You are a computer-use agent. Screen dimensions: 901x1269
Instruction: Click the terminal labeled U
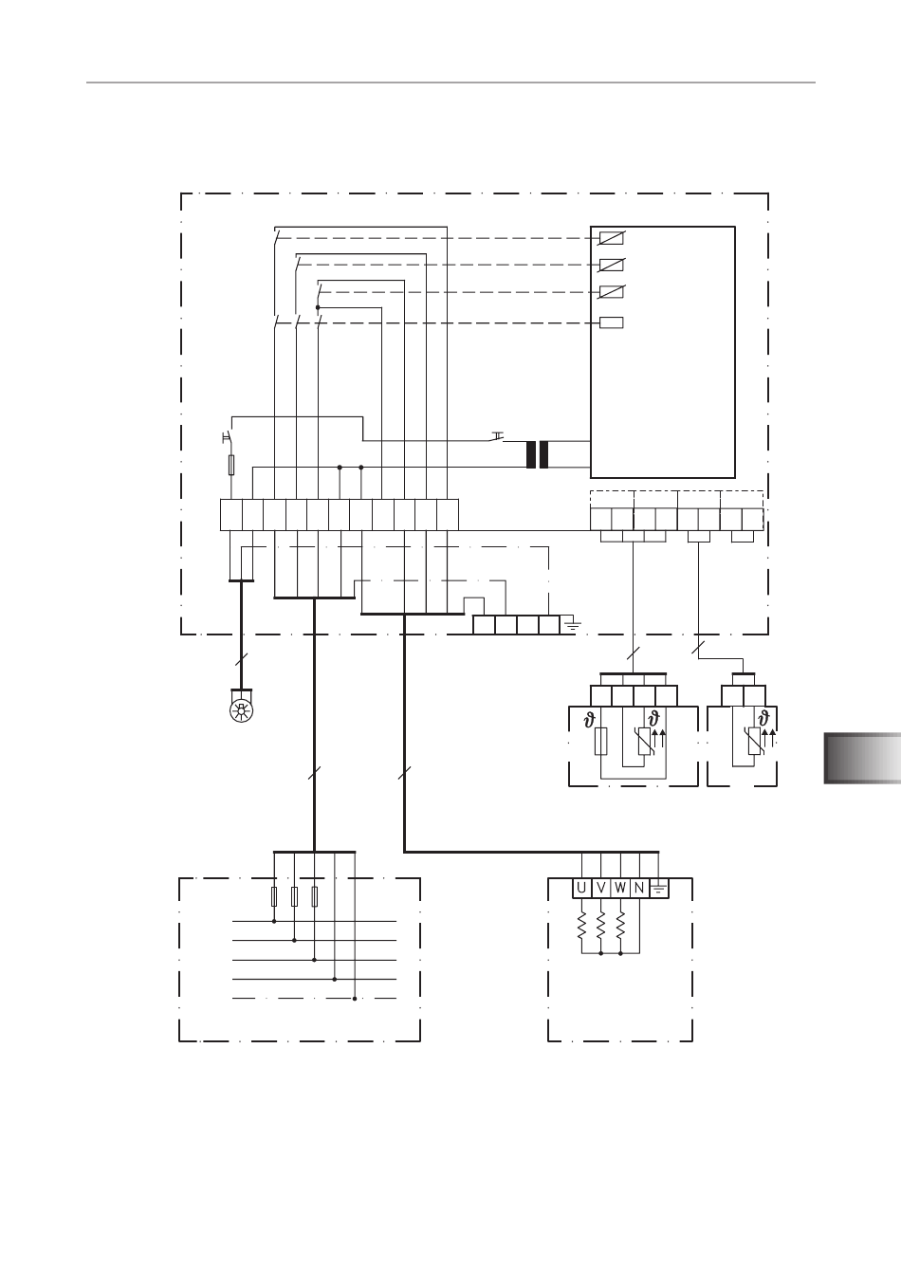(581, 889)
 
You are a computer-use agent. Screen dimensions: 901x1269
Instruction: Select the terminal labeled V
(600, 889)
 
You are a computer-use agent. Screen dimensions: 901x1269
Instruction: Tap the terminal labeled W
(620, 889)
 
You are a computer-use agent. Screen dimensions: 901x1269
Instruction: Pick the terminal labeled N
(639, 889)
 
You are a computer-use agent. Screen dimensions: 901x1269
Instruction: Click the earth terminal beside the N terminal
(658, 889)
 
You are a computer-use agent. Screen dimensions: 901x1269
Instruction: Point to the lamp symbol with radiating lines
(242, 710)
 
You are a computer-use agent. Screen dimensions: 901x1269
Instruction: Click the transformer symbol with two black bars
(537, 454)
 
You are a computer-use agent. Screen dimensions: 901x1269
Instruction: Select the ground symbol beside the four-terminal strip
(572, 625)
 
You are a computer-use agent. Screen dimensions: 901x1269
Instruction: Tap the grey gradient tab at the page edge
(862, 759)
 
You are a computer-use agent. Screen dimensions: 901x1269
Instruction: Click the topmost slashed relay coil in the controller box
(612, 238)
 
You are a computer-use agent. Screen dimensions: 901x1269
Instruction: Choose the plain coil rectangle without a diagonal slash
(612, 322)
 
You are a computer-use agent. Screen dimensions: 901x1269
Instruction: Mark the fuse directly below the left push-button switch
(231, 465)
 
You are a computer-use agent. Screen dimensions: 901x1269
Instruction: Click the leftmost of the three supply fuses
(274, 897)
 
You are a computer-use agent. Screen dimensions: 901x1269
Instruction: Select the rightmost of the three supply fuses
(315, 897)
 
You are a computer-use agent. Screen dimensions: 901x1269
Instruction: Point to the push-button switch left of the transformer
(497, 437)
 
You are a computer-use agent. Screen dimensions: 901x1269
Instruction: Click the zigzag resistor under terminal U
(581, 925)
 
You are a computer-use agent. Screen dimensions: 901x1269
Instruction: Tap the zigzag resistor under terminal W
(620, 925)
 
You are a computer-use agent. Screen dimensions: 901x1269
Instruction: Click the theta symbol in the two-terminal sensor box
(763, 718)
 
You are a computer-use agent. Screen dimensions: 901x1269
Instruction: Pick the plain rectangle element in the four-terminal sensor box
(600, 741)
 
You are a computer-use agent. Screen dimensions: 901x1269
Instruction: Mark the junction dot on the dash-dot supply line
(355, 999)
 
